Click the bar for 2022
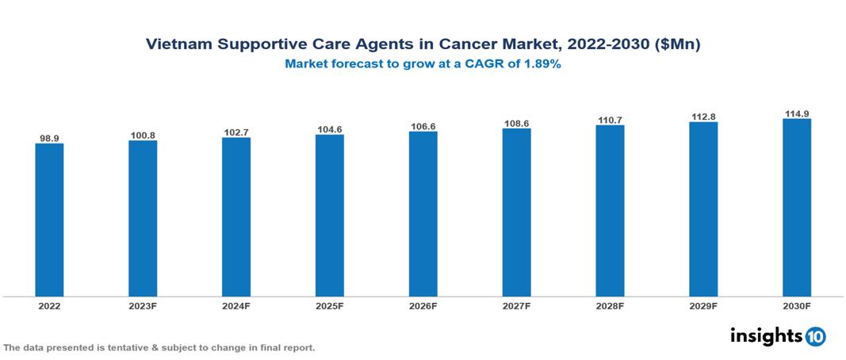coord(49,220)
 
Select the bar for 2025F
coord(329,215)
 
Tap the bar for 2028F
coord(610,210)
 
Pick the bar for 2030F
coord(796,208)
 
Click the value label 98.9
coord(49,138)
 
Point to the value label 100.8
coord(143,136)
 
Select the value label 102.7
coord(236,132)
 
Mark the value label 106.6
coord(423,126)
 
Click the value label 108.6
coord(516,124)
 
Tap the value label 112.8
coord(703,117)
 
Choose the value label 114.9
coord(796,113)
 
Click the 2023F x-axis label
coord(143,305)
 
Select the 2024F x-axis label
coord(236,305)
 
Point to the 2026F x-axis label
coord(423,305)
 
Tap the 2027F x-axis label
coord(516,305)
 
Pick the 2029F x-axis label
coord(703,305)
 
